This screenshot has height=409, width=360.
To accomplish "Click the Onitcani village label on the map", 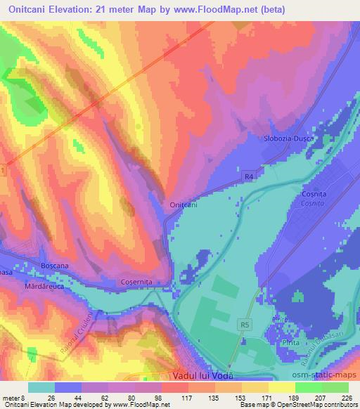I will (184, 204).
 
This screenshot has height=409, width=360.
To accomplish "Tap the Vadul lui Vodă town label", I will (202, 376).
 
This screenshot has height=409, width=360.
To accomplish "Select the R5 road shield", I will (244, 325).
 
